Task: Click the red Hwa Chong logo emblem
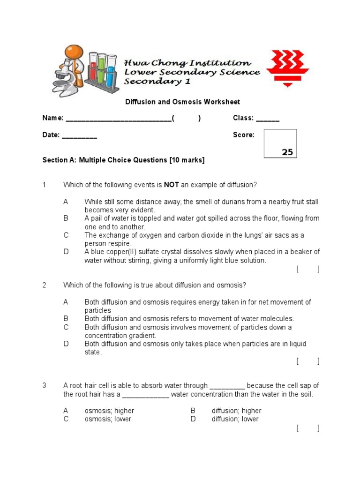coord(287,68)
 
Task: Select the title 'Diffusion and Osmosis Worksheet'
coord(182,102)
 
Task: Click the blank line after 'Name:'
coord(119,119)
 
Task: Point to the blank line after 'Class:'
coord(268,119)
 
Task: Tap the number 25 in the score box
coord(287,152)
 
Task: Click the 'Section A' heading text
coord(123,160)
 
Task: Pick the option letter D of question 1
coord(66,252)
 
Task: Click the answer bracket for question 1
coord(307,269)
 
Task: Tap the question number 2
coord(45,285)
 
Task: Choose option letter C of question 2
coord(66,327)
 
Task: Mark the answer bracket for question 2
coord(307,361)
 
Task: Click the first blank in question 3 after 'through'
coord(227,386)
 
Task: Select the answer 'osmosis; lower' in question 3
coord(108,419)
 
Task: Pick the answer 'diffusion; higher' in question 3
coord(236,411)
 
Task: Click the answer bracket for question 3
coord(307,428)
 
